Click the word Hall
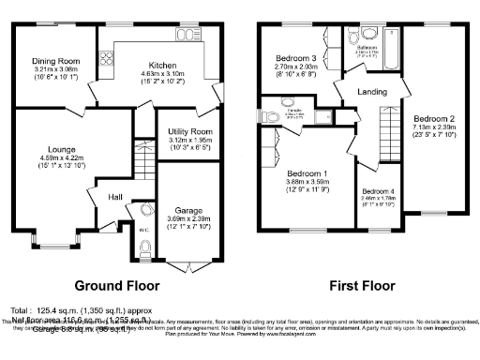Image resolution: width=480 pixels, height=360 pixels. (x=114, y=197)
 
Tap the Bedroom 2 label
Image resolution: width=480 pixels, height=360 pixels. (x=434, y=119)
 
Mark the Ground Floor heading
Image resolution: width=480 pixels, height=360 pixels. (x=116, y=285)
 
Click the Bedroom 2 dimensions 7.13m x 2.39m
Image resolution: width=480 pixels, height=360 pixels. (x=434, y=131)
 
